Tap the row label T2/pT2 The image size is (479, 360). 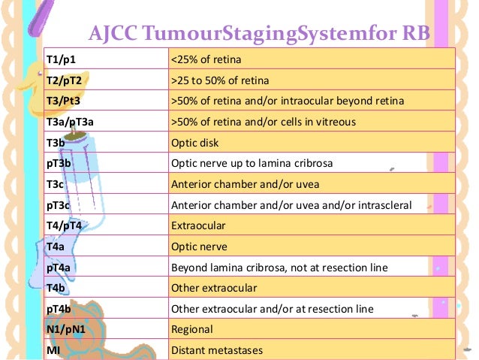[x=65, y=79]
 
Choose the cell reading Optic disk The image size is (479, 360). [x=194, y=141]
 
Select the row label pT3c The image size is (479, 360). [x=59, y=204]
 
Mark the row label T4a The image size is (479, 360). [x=56, y=246]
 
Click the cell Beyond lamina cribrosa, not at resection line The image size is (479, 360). [x=268, y=266]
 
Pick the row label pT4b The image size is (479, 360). [x=59, y=308]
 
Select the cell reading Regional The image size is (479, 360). [x=192, y=328]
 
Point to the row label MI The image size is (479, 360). [x=53, y=349]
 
